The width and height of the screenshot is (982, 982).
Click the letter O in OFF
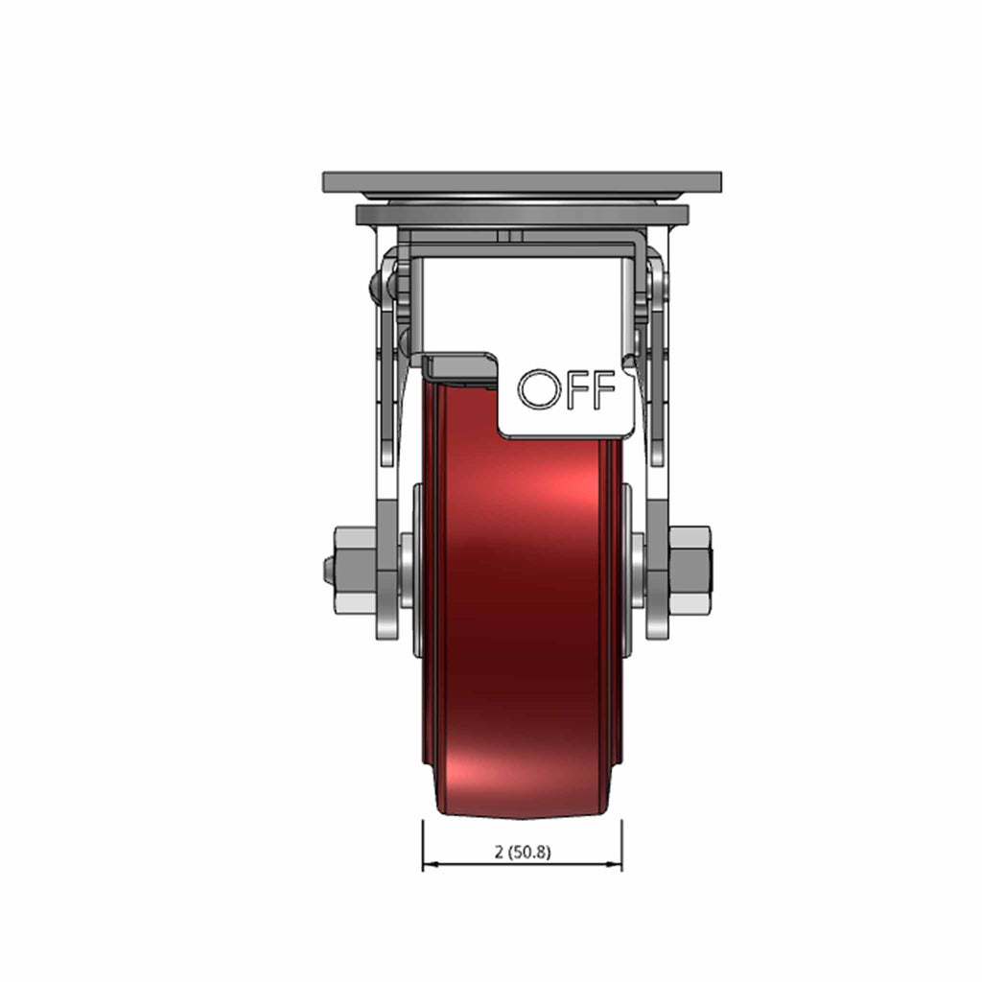[538, 389]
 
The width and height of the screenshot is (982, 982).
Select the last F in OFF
[604, 389]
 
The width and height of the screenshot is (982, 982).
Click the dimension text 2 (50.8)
[523, 852]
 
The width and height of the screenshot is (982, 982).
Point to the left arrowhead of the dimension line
[431, 864]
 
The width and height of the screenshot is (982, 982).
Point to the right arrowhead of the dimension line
[614, 864]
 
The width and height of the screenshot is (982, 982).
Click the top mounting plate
[523, 182]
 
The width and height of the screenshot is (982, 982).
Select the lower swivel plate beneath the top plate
[523, 215]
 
